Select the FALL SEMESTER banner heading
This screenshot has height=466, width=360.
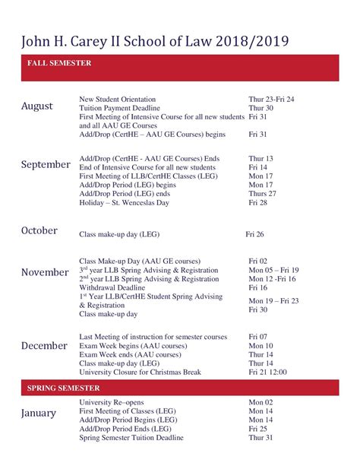coord(59,64)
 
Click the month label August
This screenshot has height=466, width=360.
coord(37,106)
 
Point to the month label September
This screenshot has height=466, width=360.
coord(46,164)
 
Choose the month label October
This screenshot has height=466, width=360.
coord(39,230)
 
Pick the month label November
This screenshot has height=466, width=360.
coord(46,272)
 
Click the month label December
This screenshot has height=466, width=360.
coord(45,346)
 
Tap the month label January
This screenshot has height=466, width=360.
coord(39,413)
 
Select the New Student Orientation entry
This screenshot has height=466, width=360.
coord(118,100)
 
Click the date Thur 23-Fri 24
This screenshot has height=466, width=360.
coord(271,100)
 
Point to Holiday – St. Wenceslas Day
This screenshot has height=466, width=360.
coord(125,203)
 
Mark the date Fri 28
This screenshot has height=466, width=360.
coord(259,203)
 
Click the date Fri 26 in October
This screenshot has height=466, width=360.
coord(256,234)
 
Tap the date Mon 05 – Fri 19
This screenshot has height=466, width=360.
coord(274,270)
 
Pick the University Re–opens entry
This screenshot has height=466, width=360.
coord(112,402)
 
